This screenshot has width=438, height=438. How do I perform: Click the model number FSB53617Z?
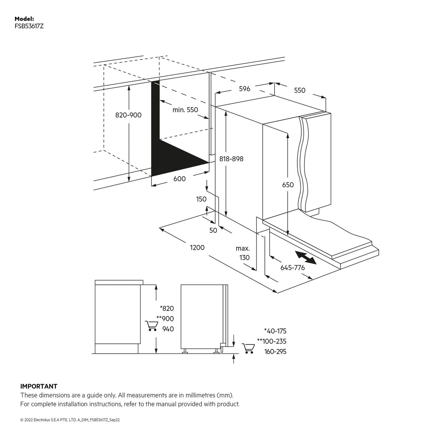29,26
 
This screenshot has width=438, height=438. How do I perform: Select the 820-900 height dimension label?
128,115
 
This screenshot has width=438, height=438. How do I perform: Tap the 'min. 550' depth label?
185,110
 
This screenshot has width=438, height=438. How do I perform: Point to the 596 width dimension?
245,89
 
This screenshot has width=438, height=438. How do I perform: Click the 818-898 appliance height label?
231,159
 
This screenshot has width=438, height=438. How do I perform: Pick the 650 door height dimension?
288,185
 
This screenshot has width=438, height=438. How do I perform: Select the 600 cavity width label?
179,179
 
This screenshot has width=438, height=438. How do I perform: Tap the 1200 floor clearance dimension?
197,248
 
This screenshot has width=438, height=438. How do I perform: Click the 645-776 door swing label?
293,267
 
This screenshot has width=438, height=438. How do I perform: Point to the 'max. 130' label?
243,253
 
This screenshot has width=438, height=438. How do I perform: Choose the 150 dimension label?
201,199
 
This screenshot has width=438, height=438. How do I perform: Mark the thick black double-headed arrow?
306,258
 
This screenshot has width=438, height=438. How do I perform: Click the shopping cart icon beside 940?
151,326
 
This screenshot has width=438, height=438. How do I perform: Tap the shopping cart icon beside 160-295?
248,349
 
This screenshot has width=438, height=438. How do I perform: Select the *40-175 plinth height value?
275,331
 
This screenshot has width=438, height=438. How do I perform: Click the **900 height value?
165,319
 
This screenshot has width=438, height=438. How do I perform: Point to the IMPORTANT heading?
39,386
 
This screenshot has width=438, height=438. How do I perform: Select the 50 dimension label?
213,230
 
